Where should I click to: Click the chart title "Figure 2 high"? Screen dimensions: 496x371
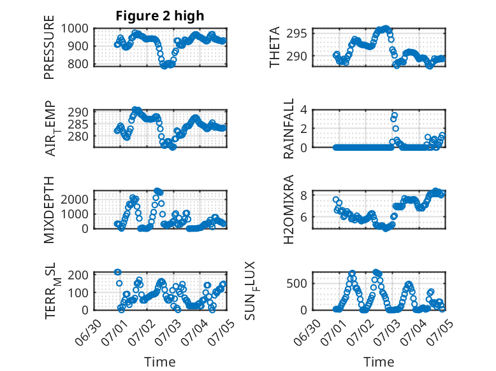pos(160,16)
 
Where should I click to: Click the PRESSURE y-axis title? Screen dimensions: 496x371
pos(49,47)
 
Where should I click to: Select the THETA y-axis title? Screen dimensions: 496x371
pos(275,47)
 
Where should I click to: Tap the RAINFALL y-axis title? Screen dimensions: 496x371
pos(289,129)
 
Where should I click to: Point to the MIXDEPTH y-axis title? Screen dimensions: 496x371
pos(49,210)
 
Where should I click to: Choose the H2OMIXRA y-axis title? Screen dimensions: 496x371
pos(289,209)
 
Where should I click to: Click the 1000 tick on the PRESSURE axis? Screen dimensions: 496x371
pos(75,29)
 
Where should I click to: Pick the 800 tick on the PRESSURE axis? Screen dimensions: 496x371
pos(78,64)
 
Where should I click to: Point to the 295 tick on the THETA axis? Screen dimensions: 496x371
pos(296,33)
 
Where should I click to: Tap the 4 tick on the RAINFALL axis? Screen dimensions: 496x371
pos(303,110)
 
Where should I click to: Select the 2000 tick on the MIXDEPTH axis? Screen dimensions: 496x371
pos(75,199)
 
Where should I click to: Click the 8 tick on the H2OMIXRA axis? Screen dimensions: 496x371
pos(303,196)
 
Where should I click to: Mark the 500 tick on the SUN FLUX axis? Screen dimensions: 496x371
pos(296,283)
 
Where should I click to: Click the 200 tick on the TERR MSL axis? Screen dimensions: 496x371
pos(78,275)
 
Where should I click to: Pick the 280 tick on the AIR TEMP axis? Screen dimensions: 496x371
pos(78,137)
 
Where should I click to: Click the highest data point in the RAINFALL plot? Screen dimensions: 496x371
pos(394,115)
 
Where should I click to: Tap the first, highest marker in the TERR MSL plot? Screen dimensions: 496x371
pos(117,272)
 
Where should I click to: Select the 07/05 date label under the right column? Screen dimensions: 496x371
pos(440,332)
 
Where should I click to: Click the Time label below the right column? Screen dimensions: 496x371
pos(379,361)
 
